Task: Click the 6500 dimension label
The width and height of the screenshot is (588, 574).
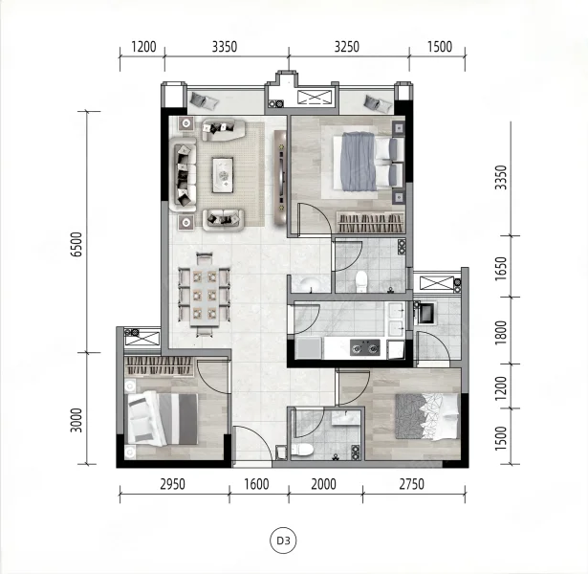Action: pyautogui.click(x=76, y=244)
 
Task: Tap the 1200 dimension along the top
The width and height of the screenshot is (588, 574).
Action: pyautogui.click(x=143, y=47)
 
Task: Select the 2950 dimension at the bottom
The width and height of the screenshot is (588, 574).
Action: pyautogui.click(x=172, y=484)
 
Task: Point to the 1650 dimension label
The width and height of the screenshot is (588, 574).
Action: pyautogui.click(x=501, y=269)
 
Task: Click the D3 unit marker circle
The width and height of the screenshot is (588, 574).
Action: pyautogui.click(x=283, y=541)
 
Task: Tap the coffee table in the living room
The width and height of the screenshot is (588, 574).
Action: pyautogui.click(x=223, y=175)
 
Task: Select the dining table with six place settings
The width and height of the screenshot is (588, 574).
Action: pyautogui.click(x=205, y=296)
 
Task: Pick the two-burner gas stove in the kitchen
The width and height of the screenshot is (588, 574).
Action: pyautogui.click(x=365, y=348)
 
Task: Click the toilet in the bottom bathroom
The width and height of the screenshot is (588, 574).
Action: pyautogui.click(x=302, y=450)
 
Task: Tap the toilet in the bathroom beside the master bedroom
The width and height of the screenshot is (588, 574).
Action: pyautogui.click(x=361, y=281)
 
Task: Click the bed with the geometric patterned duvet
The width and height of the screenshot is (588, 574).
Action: pyautogui.click(x=427, y=416)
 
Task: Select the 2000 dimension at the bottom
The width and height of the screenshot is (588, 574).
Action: pyautogui.click(x=323, y=484)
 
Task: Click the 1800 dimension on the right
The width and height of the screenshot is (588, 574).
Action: pyautogui.click(x=501, y=332)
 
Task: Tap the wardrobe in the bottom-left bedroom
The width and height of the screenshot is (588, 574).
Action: pyautogui.click(x=159, y=366)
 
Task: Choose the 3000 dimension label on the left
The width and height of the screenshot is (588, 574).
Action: pyautogui.click(x=76, y=420)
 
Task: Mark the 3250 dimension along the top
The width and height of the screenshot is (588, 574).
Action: pyautogui.click(x=347, y=47)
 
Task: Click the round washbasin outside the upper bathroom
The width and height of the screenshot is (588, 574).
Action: pyautogui.click(x=310, y=284)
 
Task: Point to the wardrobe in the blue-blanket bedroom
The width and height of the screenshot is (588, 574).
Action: pyautogui.click(x=371, y=223)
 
